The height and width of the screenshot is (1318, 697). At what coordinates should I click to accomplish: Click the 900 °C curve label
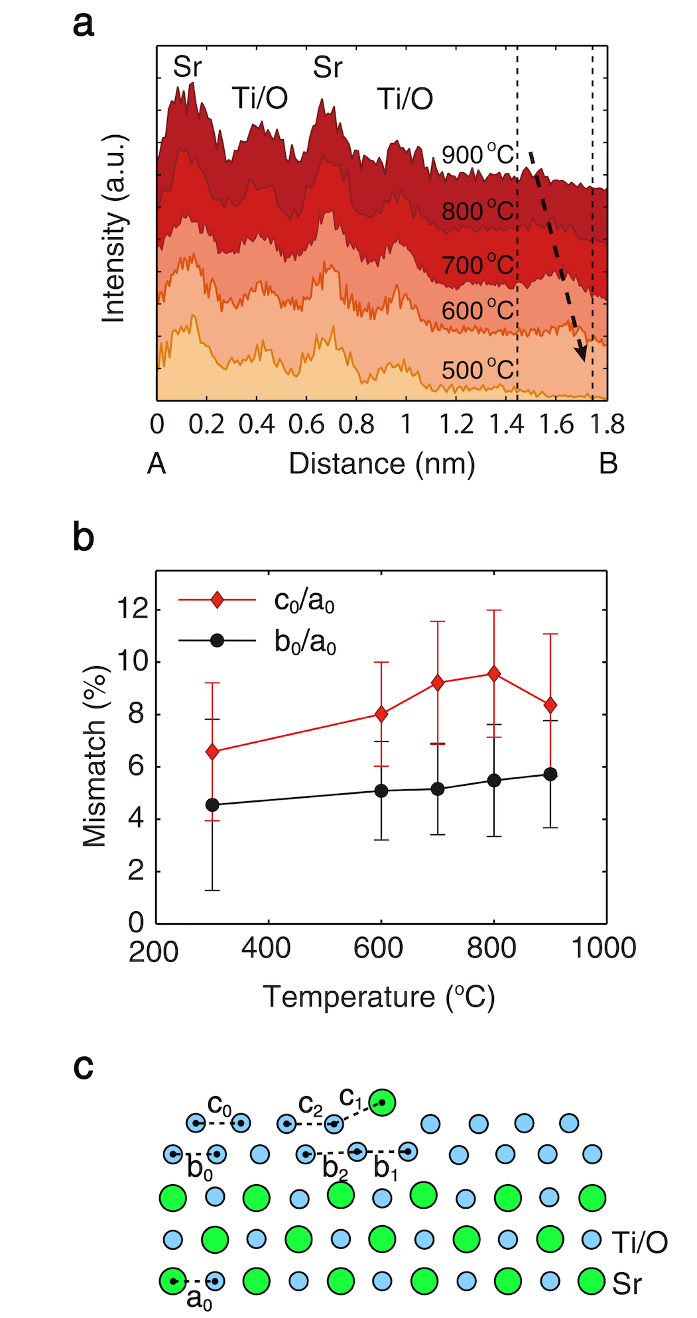coord(477,155)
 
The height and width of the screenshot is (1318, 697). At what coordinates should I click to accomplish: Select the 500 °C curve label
coord(477,370)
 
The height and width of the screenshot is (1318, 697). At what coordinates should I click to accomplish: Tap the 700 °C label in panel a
coord(477,265)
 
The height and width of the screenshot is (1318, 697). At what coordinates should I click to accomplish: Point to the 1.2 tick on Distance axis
coord(456,425)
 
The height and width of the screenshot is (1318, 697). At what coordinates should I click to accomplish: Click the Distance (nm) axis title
coord(382,464)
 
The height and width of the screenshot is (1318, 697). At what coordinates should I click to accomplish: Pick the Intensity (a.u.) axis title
coord(114,229)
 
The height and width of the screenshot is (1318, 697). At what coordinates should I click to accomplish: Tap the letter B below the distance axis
coord(608,464)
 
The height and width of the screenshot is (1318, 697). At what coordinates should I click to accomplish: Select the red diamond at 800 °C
coord(493,674)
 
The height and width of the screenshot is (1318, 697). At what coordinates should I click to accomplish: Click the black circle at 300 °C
coord(212,804)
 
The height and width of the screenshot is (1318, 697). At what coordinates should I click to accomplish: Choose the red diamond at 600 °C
coord(381,714)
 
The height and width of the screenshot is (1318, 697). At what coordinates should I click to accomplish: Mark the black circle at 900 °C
coord(550,774)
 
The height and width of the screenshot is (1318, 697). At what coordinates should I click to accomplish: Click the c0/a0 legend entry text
coord(304,601)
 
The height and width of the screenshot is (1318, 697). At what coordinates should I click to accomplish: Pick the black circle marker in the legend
coord(217,641)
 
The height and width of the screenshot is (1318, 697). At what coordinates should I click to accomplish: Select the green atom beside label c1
coord(383,1103)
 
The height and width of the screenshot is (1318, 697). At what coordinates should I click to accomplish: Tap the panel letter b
coord(84,537)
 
